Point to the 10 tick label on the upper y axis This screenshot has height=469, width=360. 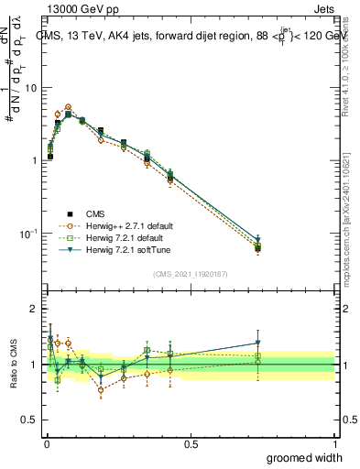click(x=30, y=88)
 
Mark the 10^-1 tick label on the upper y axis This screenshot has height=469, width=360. click(x=27, y=234)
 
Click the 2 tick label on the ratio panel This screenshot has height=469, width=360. click(x=34, y=310)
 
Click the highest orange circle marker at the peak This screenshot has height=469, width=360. click(x=68, y=107)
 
